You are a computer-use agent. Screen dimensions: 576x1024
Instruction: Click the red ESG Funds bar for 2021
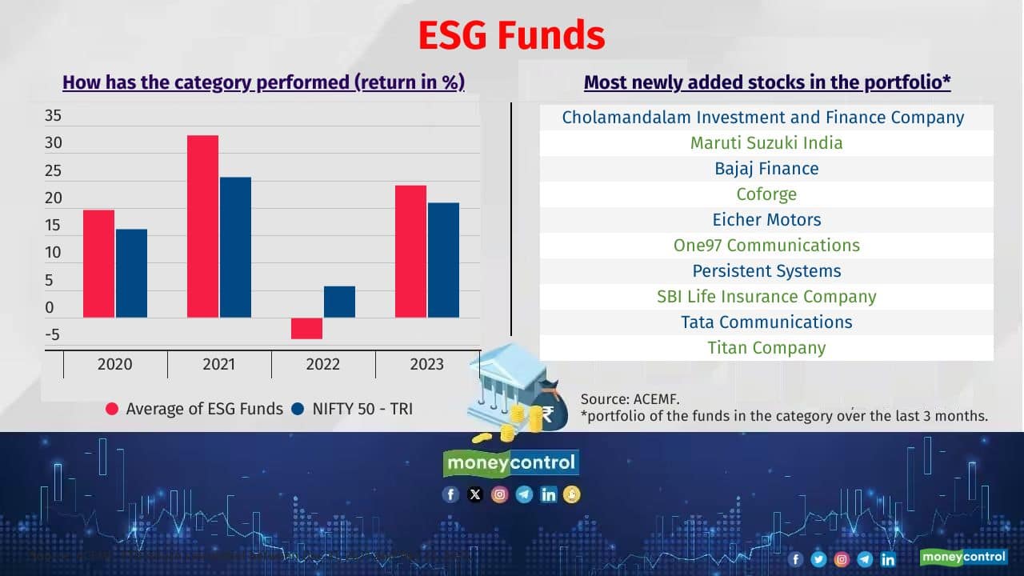pyautogui.click(x=202, y=226)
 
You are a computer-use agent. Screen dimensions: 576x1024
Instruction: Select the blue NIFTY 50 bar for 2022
pyautogui.click(x=339, y=302)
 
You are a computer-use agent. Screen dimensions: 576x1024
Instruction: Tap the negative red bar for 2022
pyautogui.click(x=306, y=328)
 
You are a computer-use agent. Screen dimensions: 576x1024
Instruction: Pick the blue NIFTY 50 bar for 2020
pyautogui.click(x=131, y=273)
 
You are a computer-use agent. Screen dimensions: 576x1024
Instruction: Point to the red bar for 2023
pyautogui.click(x=410, y=251)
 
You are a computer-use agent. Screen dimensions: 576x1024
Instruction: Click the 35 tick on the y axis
pyautogui.click(x=53, y=116)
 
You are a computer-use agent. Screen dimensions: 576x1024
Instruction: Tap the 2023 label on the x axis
pyautogui.click(x=426, y=365)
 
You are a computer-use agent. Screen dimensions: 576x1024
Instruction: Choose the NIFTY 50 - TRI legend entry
pyautogui.click(x=353, y=409)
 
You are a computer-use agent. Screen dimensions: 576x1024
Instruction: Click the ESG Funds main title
pyautogui.click(x=511, y=36)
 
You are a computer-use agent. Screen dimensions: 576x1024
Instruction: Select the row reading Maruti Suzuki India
pyautogui.click(x=766, y=143)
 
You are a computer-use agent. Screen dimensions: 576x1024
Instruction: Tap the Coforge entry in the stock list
pyautogui.click(x=766, y=194)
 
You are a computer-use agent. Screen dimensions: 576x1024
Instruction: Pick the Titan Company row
pyautogui.click(x=766, y=348)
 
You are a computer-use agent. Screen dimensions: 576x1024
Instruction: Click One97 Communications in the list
pyautogui.click(x=766, y=246)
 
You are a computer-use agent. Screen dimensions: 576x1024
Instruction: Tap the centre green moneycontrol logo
pyautogui.click(x=511, y=462)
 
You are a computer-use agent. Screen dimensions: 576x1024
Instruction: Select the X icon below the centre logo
pyautogui.click(x=475, y=494)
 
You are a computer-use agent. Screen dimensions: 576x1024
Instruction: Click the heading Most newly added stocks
pyautogui.click(x=766, y=82)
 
